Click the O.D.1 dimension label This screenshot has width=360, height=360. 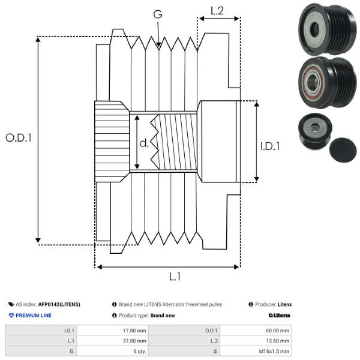(x=18, y=137)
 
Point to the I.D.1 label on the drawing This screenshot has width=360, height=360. (x=271, y=146)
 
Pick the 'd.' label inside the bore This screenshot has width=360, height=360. (x=144, y=143)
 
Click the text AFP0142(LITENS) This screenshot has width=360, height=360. (x=59, y=304)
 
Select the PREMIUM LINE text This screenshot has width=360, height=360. (x=34, y=315)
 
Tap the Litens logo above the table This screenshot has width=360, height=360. (x=280, y=315)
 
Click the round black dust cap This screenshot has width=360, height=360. (x=342, y=146)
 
